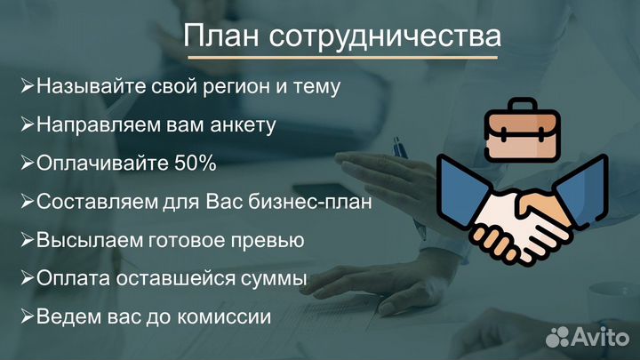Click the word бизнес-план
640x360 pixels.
pyautogui.click(x=321, y=202)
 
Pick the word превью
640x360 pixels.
pyautogui.click(x=271, y=240)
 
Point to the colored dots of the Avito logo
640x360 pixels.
pyautogui.click(x=558, y=337)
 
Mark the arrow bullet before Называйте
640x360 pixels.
pyautogui.click(x=28, y=88)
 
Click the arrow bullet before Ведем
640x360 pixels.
pyautogui.click(x=28, y=316)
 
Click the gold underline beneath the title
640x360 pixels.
pyautogui.click(x=341, y=58)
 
